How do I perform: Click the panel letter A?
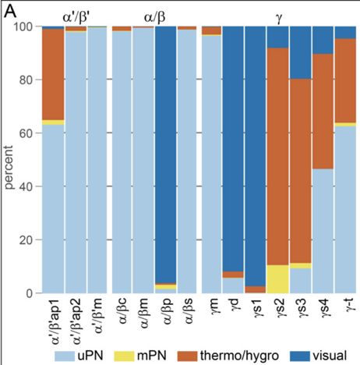[10, 11]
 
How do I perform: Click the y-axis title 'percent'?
[9, 160]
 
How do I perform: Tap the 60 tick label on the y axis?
[28, 133]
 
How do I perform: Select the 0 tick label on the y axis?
[31, 293]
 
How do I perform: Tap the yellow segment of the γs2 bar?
[278, 279]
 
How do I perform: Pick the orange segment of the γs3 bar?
[301, 172]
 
